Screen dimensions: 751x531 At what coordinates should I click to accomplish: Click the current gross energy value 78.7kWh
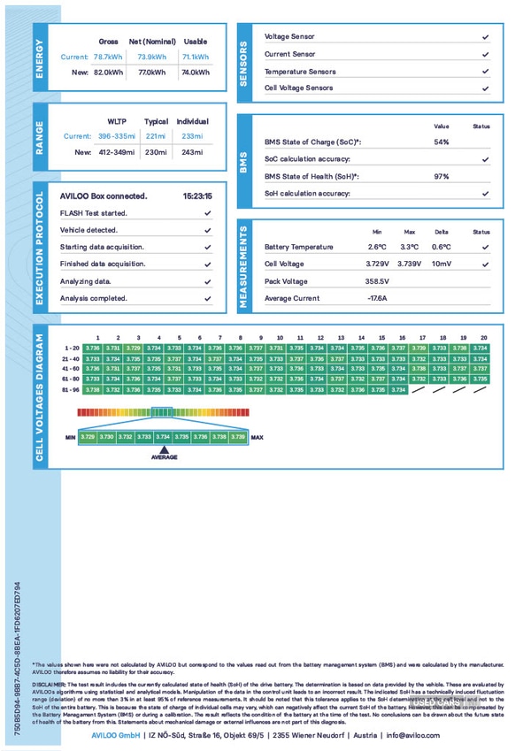tap(108, 57)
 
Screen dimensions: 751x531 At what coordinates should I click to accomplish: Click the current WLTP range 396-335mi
tap(117, 136)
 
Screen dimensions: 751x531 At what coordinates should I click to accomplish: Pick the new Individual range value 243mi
tap(192, 152)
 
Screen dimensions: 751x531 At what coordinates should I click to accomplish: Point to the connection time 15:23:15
tap(197, 196)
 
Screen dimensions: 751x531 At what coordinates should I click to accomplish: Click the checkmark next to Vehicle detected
tap(207, 230)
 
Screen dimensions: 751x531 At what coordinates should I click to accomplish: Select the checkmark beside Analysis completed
tap(207, 299)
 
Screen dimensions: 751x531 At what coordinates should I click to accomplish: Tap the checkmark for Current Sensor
tap(485, 55)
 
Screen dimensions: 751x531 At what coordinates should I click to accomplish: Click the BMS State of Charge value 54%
tap(442, 142)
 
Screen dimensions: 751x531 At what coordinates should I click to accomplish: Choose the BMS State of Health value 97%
tap(442, 177)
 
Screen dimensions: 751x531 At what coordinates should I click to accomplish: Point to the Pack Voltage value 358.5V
tap(378, 281)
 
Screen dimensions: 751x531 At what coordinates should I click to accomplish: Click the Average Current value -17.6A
tap(378, 299)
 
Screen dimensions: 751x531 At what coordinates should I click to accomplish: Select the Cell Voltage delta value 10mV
tap(441, 264)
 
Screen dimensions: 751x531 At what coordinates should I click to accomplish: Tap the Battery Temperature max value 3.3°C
tap(409, 248)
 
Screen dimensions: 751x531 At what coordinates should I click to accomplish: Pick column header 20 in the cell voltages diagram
tap(483, 338)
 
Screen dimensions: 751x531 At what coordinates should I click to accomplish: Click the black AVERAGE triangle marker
tap(164, 448)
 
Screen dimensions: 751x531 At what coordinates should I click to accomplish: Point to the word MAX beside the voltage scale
tap(258, 437)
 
